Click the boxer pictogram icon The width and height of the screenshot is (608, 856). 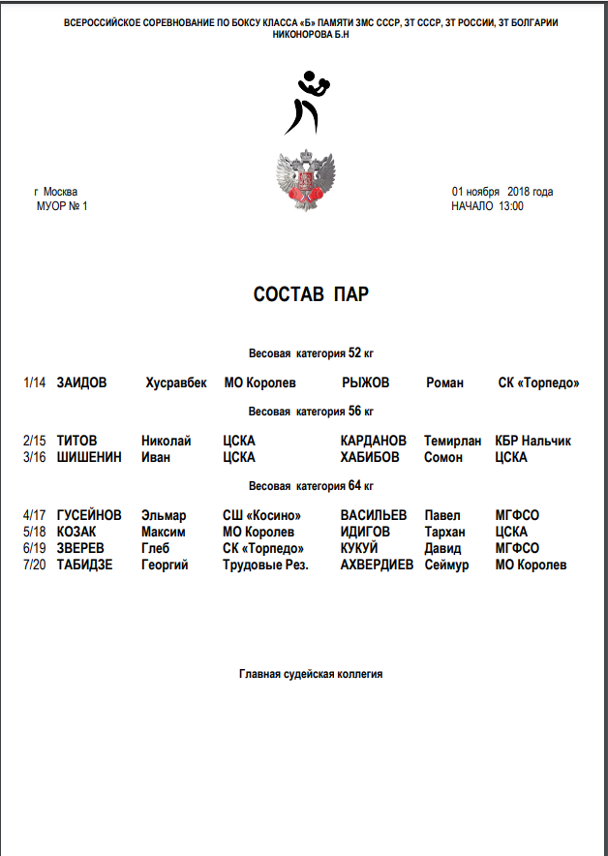[x=308, y=102]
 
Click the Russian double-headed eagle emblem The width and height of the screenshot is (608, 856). [x=308, y=181]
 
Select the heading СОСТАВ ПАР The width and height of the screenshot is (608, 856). [x=310, y=294]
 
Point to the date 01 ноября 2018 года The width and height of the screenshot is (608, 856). [x=502, y=192]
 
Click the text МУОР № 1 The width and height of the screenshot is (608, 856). [x=62, y=206]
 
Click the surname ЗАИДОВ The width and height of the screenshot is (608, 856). [x=81, y=383]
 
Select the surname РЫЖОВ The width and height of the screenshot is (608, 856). [x=366, y=383]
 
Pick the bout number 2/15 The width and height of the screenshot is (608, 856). [x=34, y=442]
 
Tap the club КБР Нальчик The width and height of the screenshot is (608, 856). [x=532, y=442]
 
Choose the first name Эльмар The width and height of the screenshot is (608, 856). [x=164, y=516]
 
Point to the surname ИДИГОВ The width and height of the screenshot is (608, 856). [x=367, y=532]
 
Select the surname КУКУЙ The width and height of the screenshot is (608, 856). [x=359, y=548]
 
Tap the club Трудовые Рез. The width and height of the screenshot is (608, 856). [x=265, y=565]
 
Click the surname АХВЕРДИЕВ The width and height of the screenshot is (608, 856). [x=377, y=565]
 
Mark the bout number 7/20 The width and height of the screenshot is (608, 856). [x=34, y=565]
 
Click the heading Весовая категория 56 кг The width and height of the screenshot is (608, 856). [x=311, y=412]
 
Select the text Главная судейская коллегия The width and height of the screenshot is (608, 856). [x=311, y=674]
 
